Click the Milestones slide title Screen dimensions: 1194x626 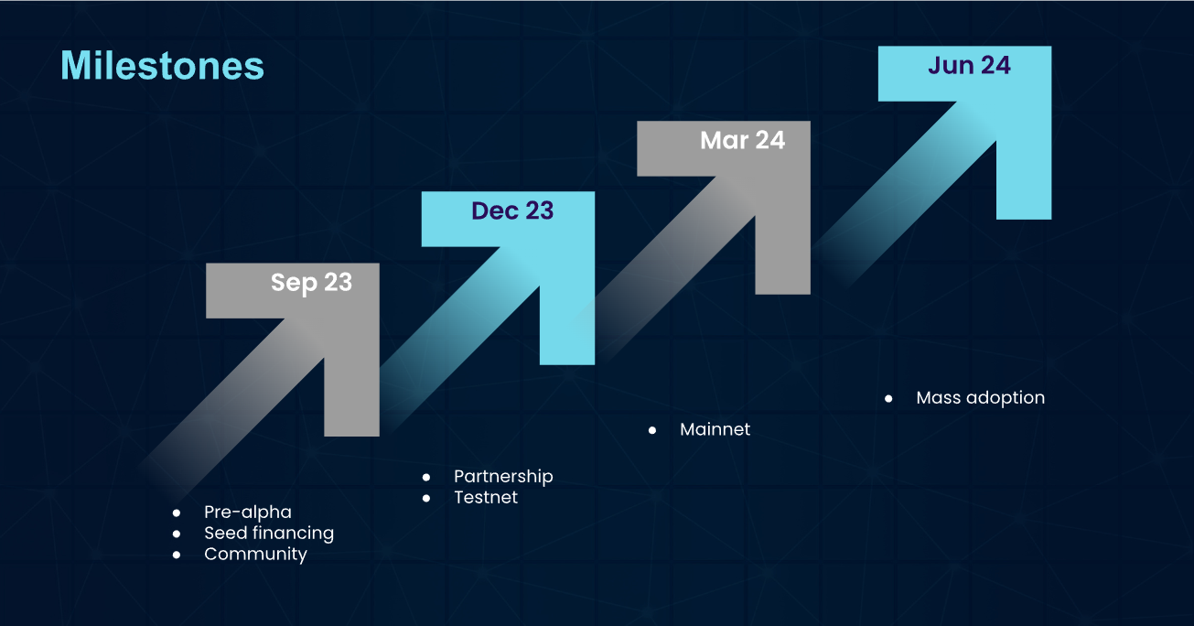tap(163, 66)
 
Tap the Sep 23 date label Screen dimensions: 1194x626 tap(311, 283)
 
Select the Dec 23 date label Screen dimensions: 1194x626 tap(512, 210)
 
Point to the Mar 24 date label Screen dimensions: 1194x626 tap(743, 140)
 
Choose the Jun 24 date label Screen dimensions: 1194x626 tap(969, 65)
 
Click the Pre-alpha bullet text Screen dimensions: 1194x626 tap(248, 513)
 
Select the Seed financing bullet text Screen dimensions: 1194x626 tap(269, 534)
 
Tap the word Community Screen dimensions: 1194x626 tap(255, 555)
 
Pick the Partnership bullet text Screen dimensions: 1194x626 tap(503, 477)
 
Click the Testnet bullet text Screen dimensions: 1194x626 tap(486, 498)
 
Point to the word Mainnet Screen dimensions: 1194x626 tap(715, 429)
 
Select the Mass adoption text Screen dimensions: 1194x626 tap(980, 398)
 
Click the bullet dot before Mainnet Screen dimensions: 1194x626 tap(652, 430)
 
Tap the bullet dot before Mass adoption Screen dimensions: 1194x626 tap(888, 399)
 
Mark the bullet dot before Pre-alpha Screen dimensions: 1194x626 tap(177, 513)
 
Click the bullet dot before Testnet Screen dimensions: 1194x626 tap(425, 499)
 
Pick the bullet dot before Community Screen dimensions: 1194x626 tap(177, 556)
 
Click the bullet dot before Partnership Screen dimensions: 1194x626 tap(425, 477)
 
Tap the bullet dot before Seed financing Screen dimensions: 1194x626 tap(177, 534)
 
